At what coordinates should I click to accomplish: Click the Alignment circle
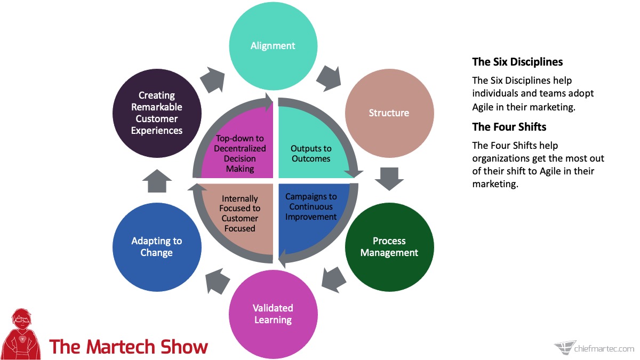click(x=273, y=46)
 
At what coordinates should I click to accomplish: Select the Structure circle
click(x=389, y=113)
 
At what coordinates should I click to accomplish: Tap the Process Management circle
click(x=389, y=247)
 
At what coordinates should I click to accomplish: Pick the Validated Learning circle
click(x=273, y=314)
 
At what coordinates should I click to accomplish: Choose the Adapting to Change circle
click(x=157, y=247)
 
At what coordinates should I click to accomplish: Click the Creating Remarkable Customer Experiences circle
click(x=157, y=113)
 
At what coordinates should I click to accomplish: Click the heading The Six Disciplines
click(x=517, y=62)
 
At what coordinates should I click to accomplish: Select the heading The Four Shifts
click(x=509, y=127)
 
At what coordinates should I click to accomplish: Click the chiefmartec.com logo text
click(x=604, y=349)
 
